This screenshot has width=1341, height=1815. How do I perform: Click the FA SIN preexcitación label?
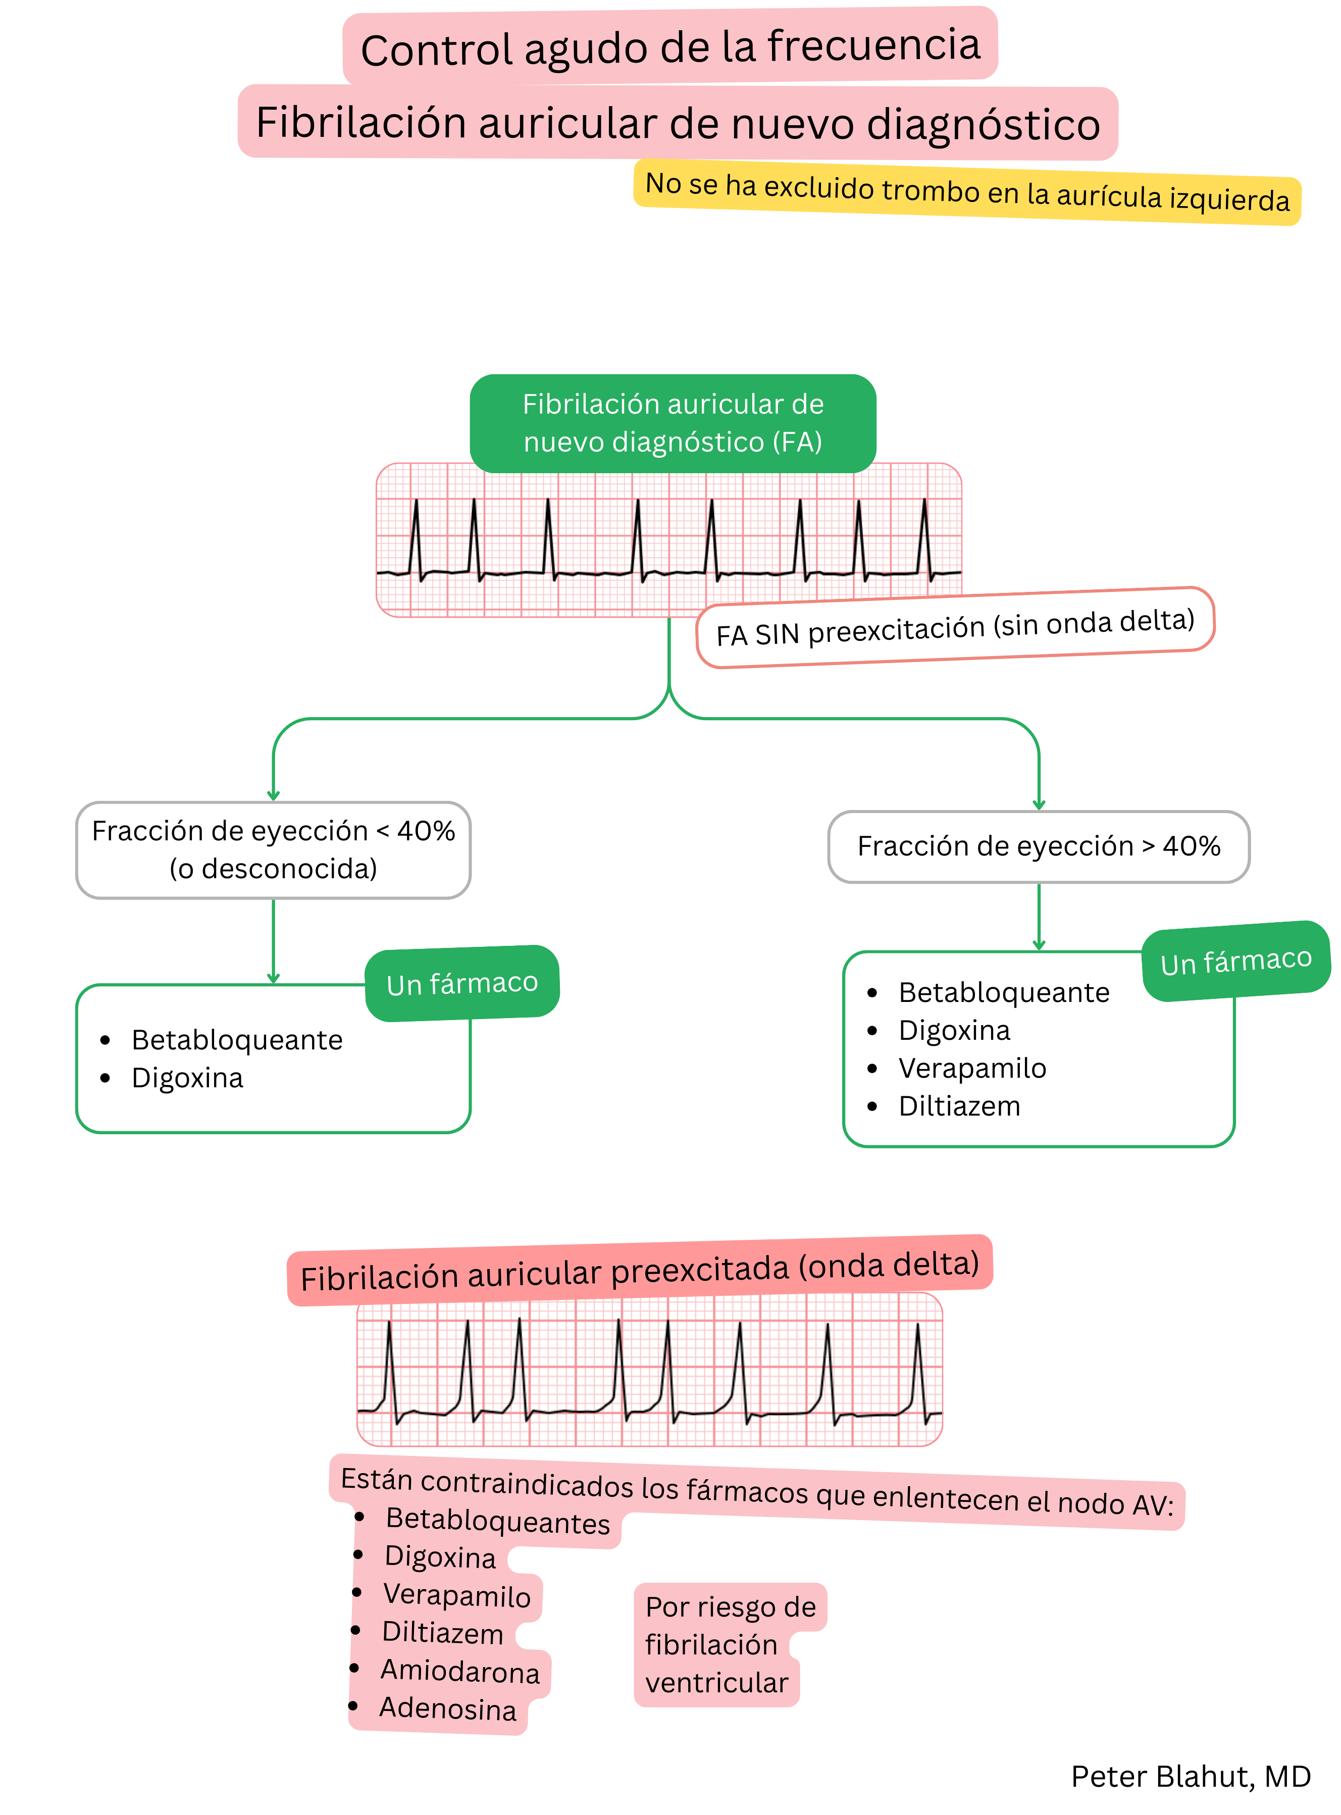click(x=955, y=627)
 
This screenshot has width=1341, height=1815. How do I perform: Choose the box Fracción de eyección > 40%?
click(x=1038, y=846)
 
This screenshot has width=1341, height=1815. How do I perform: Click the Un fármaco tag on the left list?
click(x=462, y=983)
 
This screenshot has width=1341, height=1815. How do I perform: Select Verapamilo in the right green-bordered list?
click(x=971, y=1068)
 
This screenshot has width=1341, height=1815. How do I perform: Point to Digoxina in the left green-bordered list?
click(x=187, y=1078)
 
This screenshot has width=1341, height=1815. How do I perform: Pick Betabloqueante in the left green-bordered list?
click(x=237, y=1040)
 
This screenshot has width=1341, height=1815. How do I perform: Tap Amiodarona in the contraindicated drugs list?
click(x=459, y=1672)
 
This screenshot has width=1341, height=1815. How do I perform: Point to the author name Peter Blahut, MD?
click(x=1190, y=1776)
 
